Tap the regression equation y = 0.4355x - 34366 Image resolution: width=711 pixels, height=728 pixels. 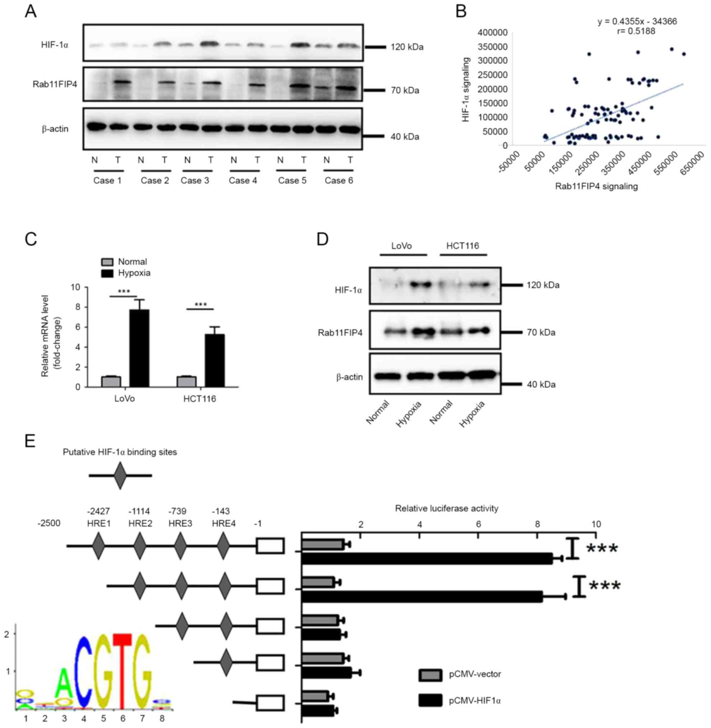(x=637, y=22)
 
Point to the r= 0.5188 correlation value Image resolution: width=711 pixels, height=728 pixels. (x=636, y=31)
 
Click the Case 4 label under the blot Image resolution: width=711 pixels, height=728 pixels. (x=243, y=181)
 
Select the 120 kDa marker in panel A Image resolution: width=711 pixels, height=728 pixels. (x=407, y=47)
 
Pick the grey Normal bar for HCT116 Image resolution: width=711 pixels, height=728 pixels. (x=186, y=381)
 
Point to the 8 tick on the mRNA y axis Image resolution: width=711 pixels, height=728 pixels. (x=77, y=307)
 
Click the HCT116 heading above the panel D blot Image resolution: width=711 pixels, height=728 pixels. (x=463, y=246)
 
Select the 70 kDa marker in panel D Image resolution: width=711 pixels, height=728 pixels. (x=541, y=333)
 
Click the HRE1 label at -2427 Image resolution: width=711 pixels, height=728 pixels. (x=98, y=523)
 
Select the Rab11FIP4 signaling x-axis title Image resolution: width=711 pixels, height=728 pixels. (x=596, y=186)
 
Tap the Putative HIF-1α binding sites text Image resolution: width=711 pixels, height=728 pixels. (x=120, y=453)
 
